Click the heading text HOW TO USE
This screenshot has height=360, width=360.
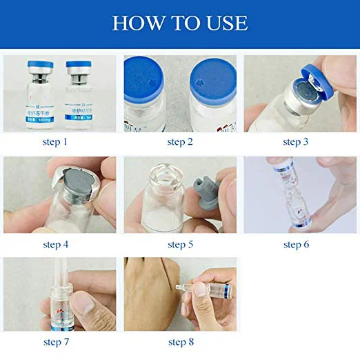click(x=180, y=23)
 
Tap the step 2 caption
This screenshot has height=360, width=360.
click(x=181, y=142)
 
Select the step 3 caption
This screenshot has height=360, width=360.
click(x=301, y=142)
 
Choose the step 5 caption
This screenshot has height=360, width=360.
click(x=181, y=244)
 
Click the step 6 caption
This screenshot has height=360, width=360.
click(x=301, y=244)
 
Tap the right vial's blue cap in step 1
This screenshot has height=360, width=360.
click(x=79, y=68)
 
